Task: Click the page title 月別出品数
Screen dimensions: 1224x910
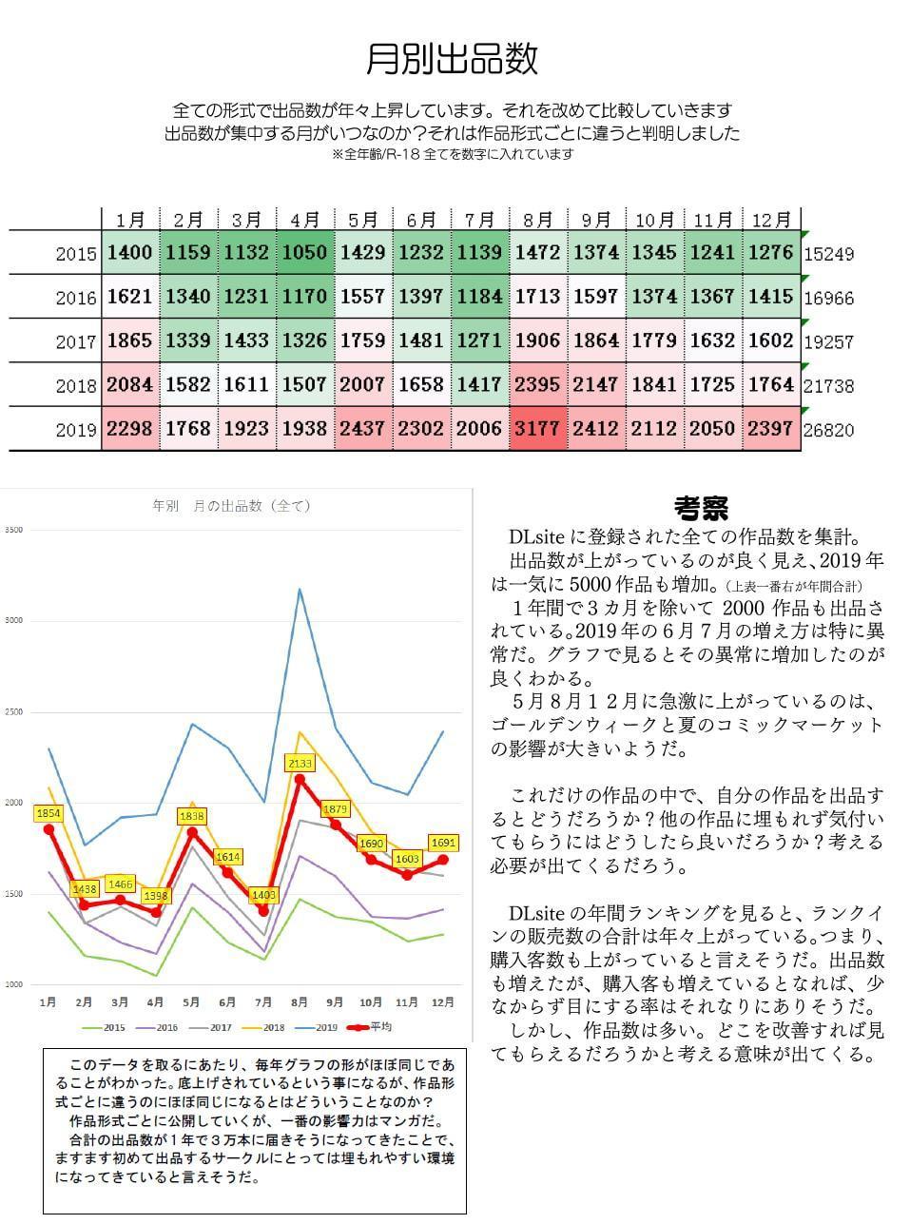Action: click(453, 59)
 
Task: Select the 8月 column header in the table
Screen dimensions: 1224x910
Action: click(538, 220)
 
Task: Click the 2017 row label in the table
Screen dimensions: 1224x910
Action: click(76, 341)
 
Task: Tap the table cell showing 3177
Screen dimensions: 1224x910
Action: click(538, 429)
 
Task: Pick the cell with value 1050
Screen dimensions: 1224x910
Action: click(304, 253)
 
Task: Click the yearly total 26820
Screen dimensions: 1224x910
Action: click(828, 430)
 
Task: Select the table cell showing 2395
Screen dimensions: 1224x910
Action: click(538, 385)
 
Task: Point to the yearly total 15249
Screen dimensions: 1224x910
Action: click(828, 254)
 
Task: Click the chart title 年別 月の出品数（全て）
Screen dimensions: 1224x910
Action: click(231, 506)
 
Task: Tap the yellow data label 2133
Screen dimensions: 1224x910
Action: click(300, 763)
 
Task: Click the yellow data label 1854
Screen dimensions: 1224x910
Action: click(48, 813)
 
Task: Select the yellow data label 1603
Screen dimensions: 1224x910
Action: click(408, 858)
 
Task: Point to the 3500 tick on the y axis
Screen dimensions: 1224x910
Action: click(13, 530)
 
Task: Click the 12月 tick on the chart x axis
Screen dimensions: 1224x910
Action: click(443, 1002)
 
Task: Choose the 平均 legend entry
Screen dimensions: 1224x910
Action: click(371, 1027)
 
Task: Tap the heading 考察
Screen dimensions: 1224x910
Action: click(701, 508)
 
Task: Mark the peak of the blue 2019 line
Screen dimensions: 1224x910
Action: click(300, 589)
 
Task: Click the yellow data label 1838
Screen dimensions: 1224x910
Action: click(192, 816)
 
